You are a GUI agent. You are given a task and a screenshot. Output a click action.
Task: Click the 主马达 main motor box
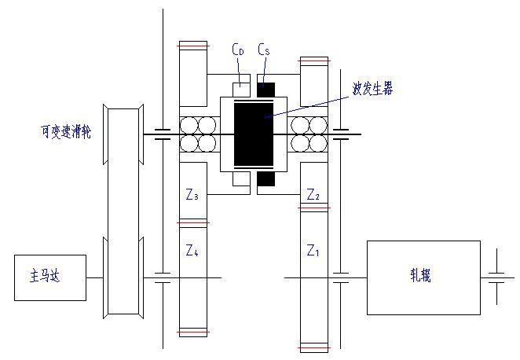pyautogui.click(x=50, y=277)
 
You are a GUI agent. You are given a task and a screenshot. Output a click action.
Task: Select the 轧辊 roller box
pyautogui.click(x=423, y=277)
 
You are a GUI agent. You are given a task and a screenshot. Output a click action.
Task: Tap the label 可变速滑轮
pyautogui.click(x=66, y=131)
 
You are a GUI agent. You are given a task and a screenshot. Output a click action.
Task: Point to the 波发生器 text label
pyautogui.click(x=372, y=89)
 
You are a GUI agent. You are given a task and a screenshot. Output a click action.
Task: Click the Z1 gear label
pyautogui.click(x=313, y=250)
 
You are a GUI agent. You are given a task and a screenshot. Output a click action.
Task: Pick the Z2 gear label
pyautogui.click(x=313, y=194)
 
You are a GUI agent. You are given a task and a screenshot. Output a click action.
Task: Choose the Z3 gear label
pyautogui.click(x=192, y=194)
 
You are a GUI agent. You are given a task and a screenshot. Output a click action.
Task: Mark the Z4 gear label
pyautogui.click(x=192, y=250)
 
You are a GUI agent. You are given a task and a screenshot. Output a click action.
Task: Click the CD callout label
pyautogui.click(x=238, y=49)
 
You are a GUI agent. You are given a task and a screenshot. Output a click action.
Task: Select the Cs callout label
pyautogui.click(x=264, y=49)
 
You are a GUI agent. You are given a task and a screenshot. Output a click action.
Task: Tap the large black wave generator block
pyautogui.click(x=254, y=134)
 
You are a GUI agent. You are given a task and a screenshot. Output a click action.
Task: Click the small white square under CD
pyautogui.click(x=241, y=90)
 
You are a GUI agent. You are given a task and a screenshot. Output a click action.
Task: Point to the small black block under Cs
pyautogui.click(x=266, y=90)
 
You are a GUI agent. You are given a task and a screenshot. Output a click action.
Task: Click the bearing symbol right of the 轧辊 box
pyautogui.click(x=496, y=277)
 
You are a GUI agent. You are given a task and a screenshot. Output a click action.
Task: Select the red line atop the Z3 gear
pyautogui.click(x=192, y=46)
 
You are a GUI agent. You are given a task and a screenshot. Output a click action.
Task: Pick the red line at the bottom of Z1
pyautogui.click(x=313, y=347)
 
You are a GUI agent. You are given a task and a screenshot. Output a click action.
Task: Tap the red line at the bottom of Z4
pyautogui.click(x=192, y=332)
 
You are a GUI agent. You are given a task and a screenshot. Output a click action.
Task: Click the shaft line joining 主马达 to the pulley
pyautogui.click(x=95, y=277)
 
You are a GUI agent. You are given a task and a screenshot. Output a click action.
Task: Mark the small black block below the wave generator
pyautogui.click(x=266, y=179)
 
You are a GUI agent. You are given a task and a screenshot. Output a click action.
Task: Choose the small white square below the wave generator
pyautogui.click(x=241, y=179)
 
